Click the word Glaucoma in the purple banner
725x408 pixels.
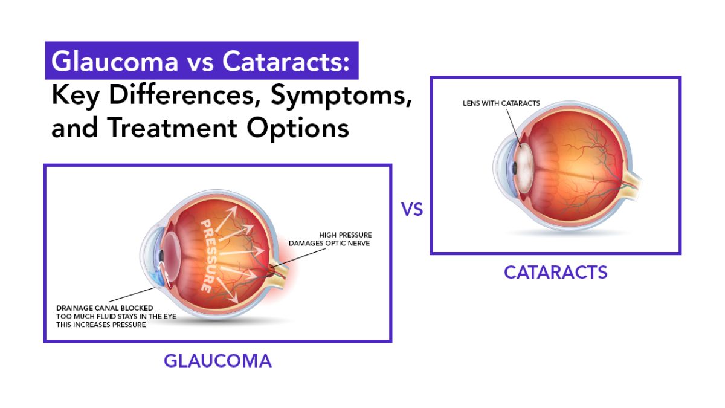click(115, 61)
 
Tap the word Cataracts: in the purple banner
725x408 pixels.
click(286, 61)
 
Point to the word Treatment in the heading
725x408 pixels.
click(172, 128)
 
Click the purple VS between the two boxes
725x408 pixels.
click(412, 210)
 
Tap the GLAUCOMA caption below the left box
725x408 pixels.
click(217, 361)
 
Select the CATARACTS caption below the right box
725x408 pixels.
click(555, 273)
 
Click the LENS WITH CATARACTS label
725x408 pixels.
click(501, 103)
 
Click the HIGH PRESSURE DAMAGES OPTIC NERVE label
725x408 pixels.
click(330, 239)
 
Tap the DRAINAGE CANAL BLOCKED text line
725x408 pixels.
click(105, 308)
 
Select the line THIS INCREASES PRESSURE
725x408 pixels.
click(101, 325)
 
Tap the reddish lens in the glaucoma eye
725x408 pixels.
click(172, 257)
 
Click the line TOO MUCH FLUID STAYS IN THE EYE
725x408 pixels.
click(116, 316)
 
